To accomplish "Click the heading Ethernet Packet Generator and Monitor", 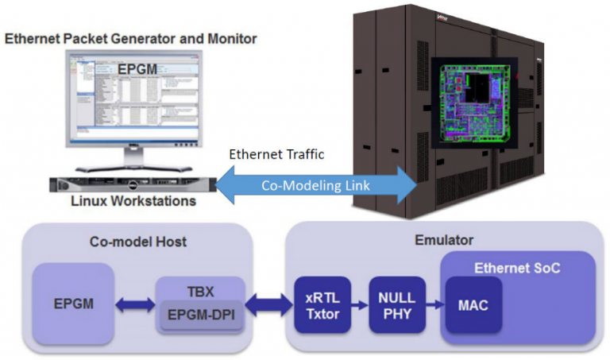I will pyautogui.click(x=131, y=38).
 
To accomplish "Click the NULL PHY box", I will pyautogui.click(x=392, y=304).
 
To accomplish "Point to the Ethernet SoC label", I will pyautogui.click(x=516, y=268).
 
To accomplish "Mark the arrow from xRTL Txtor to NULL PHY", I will pyautogui.click(x=355, y=304).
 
